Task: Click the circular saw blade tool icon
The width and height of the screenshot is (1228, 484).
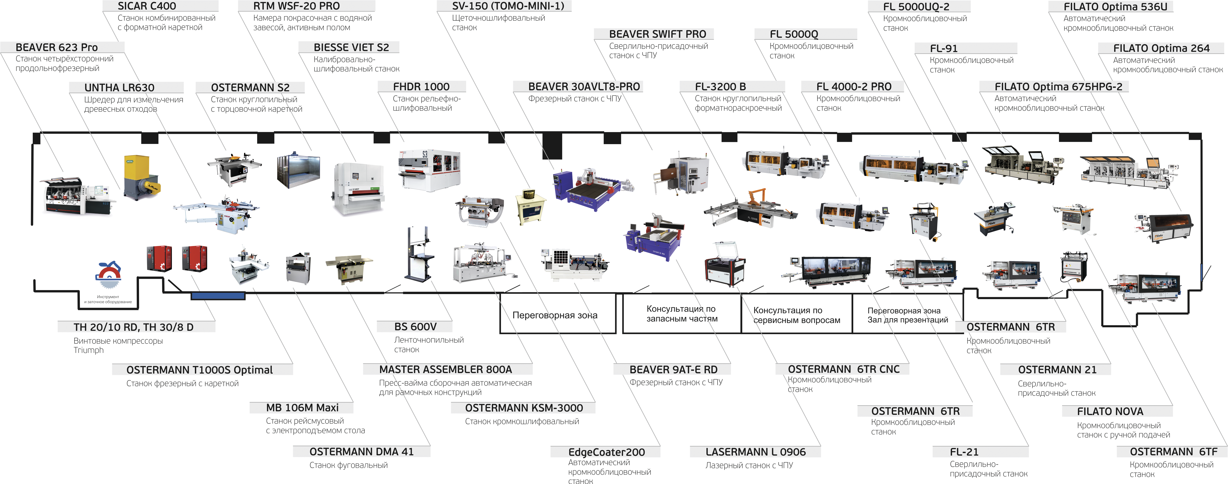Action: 109,274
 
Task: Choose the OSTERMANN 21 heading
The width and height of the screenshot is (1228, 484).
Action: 1057,370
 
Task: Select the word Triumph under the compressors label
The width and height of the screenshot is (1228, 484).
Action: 89,350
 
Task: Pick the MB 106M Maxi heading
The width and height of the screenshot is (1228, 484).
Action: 302,408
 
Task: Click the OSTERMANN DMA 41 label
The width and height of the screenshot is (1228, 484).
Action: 361,452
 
